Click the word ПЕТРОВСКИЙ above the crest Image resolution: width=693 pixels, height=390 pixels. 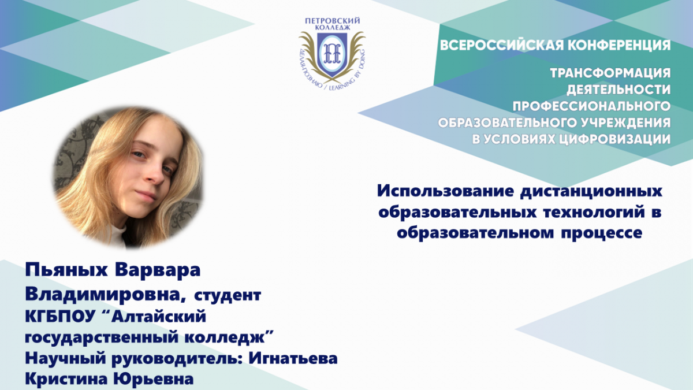(333, 21)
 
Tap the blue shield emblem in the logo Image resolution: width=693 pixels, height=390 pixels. (331, 55)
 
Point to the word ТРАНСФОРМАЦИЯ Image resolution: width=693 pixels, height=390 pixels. (610, 73)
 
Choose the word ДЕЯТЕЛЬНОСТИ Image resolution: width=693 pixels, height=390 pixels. (619, 90)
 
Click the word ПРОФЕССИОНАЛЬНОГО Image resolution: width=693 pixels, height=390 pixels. (591, 106)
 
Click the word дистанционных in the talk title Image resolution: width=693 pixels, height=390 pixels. (591, 192)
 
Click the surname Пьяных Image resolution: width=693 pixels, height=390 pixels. (66, 270)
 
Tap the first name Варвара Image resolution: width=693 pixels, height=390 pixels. (158, 270)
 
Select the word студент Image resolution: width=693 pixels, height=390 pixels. (228, 296)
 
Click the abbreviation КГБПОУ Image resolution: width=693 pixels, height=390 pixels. (59, 317)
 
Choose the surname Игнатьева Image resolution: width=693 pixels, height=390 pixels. (293, 358)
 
